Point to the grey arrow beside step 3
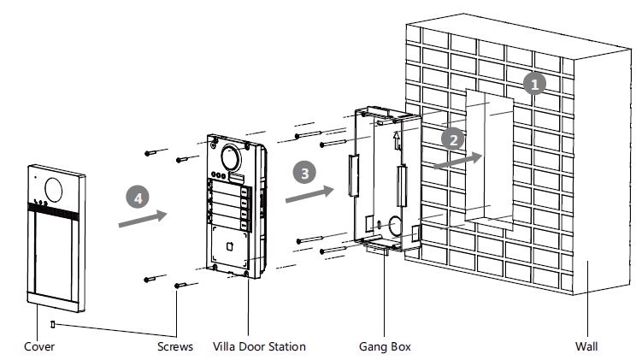[309, 195]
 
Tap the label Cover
[38, 346]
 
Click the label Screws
[174, 346]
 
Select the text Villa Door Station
[258, 346]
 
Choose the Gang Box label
[385, 346]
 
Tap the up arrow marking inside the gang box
[395, 137]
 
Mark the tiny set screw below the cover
[53, 324]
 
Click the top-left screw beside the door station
[153, 152]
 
